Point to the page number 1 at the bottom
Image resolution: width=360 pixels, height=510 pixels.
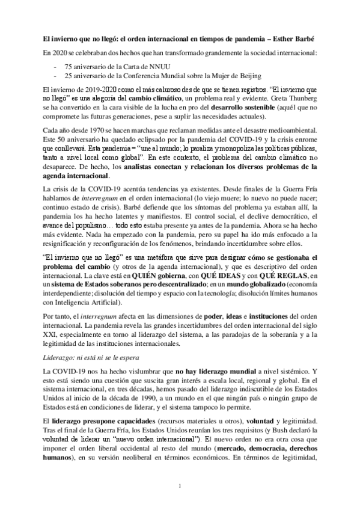point(180,485)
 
